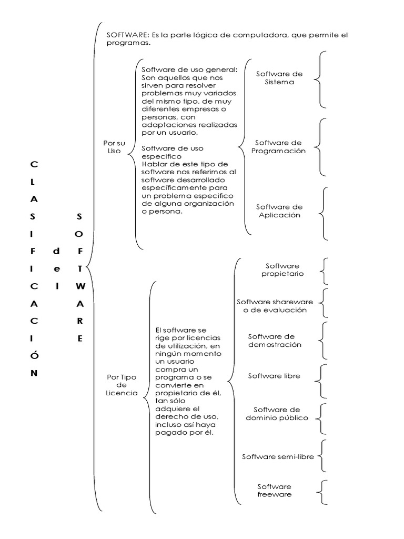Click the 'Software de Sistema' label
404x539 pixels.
[283, 78]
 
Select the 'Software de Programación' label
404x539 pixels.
[278, 147]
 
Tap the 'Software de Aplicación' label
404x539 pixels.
[279, 211]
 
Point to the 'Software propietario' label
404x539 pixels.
[282, 269]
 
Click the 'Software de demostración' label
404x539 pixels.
[275, 340]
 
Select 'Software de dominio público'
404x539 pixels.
[277, 413]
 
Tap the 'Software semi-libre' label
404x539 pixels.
[278, 456]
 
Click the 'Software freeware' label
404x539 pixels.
[274, 490]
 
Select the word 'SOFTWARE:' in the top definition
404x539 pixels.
[125, 35]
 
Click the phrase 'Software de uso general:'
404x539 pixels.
[190, 71]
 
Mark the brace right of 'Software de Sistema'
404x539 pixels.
[321, 79]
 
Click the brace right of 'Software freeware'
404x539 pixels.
[322, 492]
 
